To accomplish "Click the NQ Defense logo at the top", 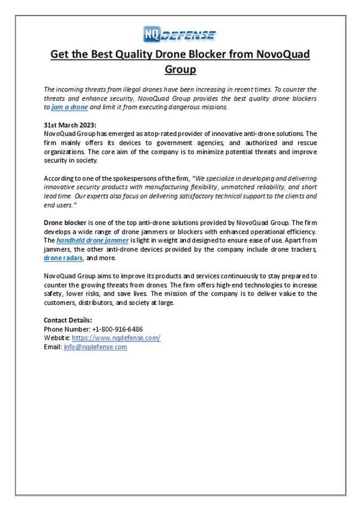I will pyautogui.click(x=179, y=34).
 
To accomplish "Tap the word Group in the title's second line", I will pyautogui.click(x=180, y=70).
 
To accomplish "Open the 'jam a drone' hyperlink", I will pyautogui.click(x=69, y=107).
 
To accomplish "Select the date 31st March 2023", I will pyautogui.click(x=70, y=125).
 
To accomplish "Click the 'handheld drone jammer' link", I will pyautogui.click(x=92, y=241).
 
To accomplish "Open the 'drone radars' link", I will pyautogui.click(x=63, y=258).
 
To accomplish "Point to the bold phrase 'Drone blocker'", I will pyautogui.click(x=65, y=223).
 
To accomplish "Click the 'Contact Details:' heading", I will pyautogui.click(x=68, y=320).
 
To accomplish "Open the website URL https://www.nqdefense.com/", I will pyautogui.click(x=116, y=338).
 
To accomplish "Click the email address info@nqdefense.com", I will pyautogui.click(x=95, y=347).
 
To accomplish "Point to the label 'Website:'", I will pyautogui.click(x=56, y=338).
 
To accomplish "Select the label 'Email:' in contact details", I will pyautogui.click(x=53, y=347).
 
